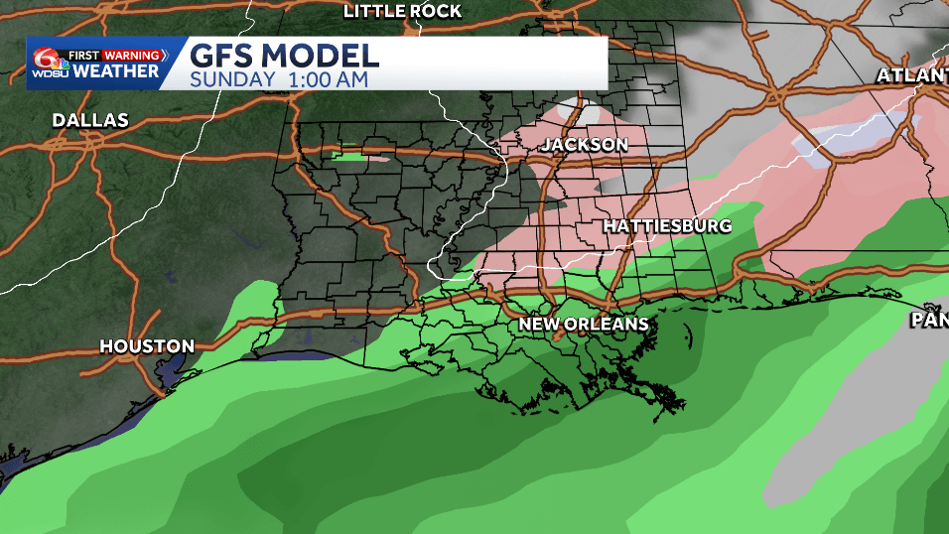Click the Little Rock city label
(x=402, y=11)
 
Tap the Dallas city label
(x=90, y=120)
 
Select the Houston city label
(x=147, y=346)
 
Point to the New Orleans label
(x=585, y=324)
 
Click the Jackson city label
(x=584, y=145)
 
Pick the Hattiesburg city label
(x=667, y=225)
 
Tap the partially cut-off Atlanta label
(x=912, y=75)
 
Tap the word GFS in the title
(x=224, y=54)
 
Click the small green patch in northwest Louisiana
(x=348, y=155)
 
